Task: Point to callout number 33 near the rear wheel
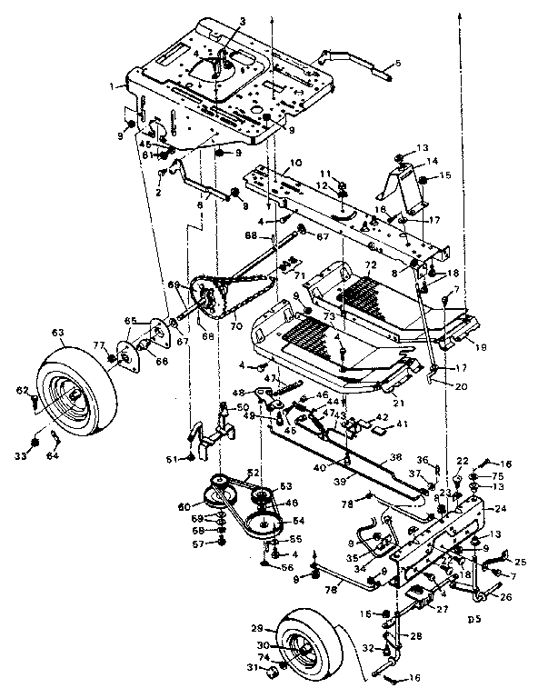pyautogui.click(x=34, y=443)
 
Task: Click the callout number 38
pyautogui.click(x=396, y=458)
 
